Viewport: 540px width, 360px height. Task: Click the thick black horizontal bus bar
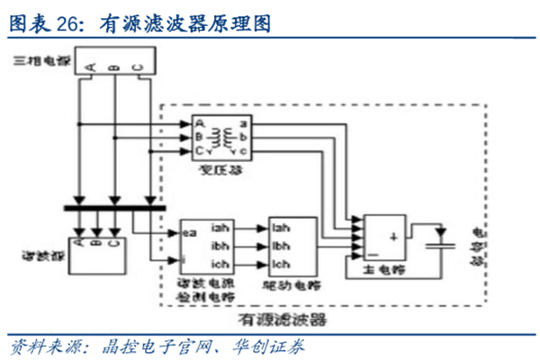[117, 209]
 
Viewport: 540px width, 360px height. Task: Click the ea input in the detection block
[190, 231]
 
